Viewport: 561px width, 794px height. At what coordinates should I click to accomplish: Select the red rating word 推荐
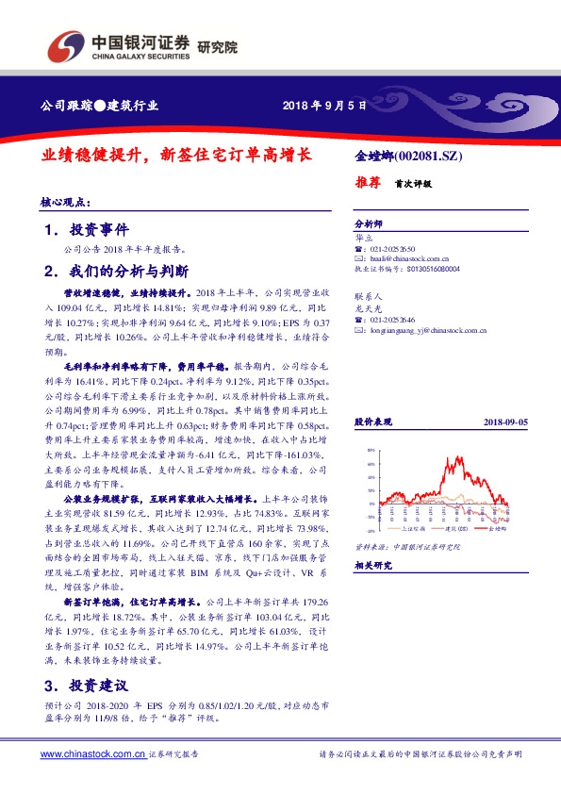368,183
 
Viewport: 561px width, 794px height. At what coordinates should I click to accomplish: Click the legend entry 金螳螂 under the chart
495,532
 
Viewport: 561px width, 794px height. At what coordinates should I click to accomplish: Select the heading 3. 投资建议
87,684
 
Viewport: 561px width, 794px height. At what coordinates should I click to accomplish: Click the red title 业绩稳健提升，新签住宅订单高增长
176,153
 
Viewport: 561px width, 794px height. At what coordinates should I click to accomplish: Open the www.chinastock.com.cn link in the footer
92,754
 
